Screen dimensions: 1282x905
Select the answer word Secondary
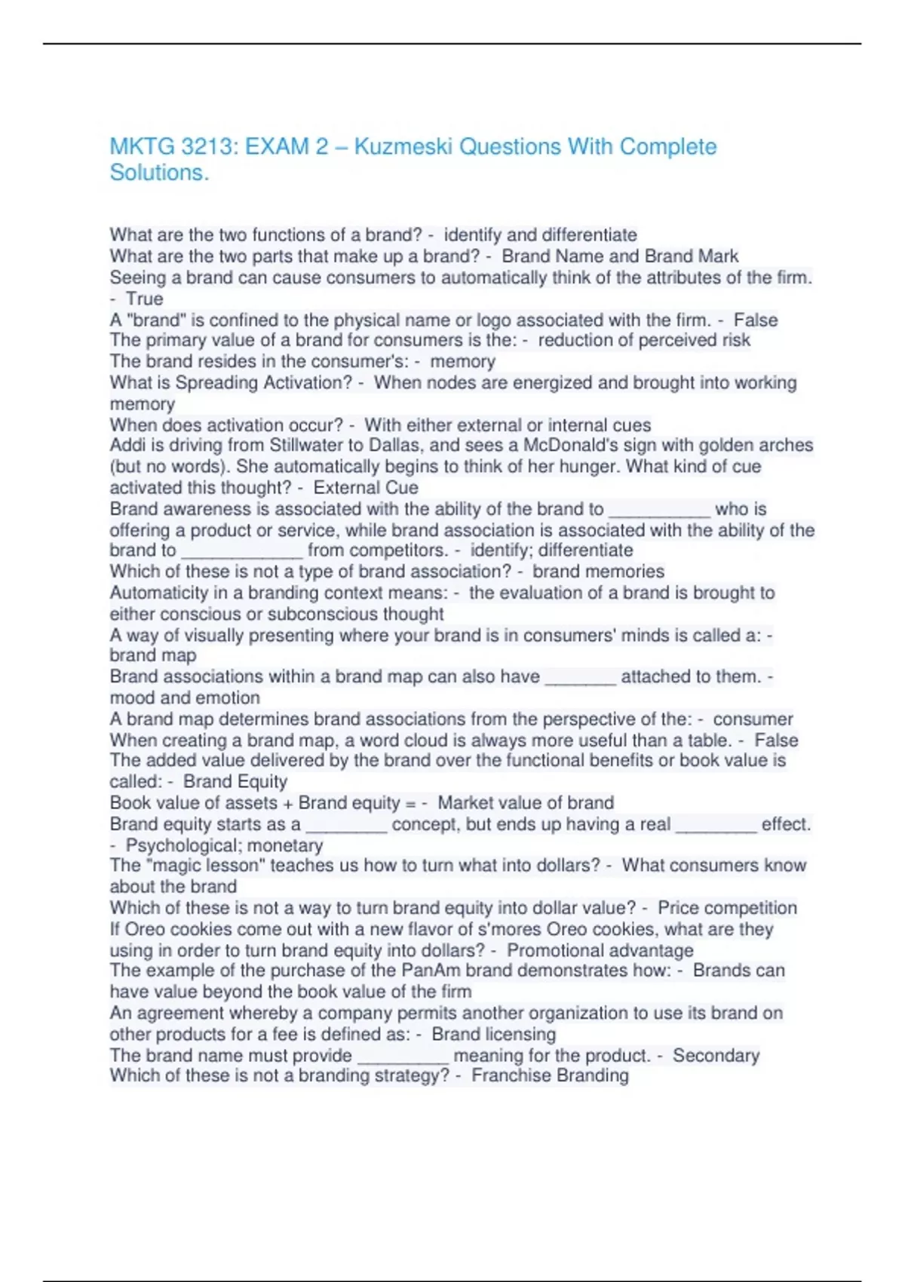(x=716, y=1055)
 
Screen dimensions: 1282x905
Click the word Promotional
(x=554, y=950)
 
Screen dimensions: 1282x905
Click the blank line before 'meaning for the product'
(x=403, y=1057)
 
